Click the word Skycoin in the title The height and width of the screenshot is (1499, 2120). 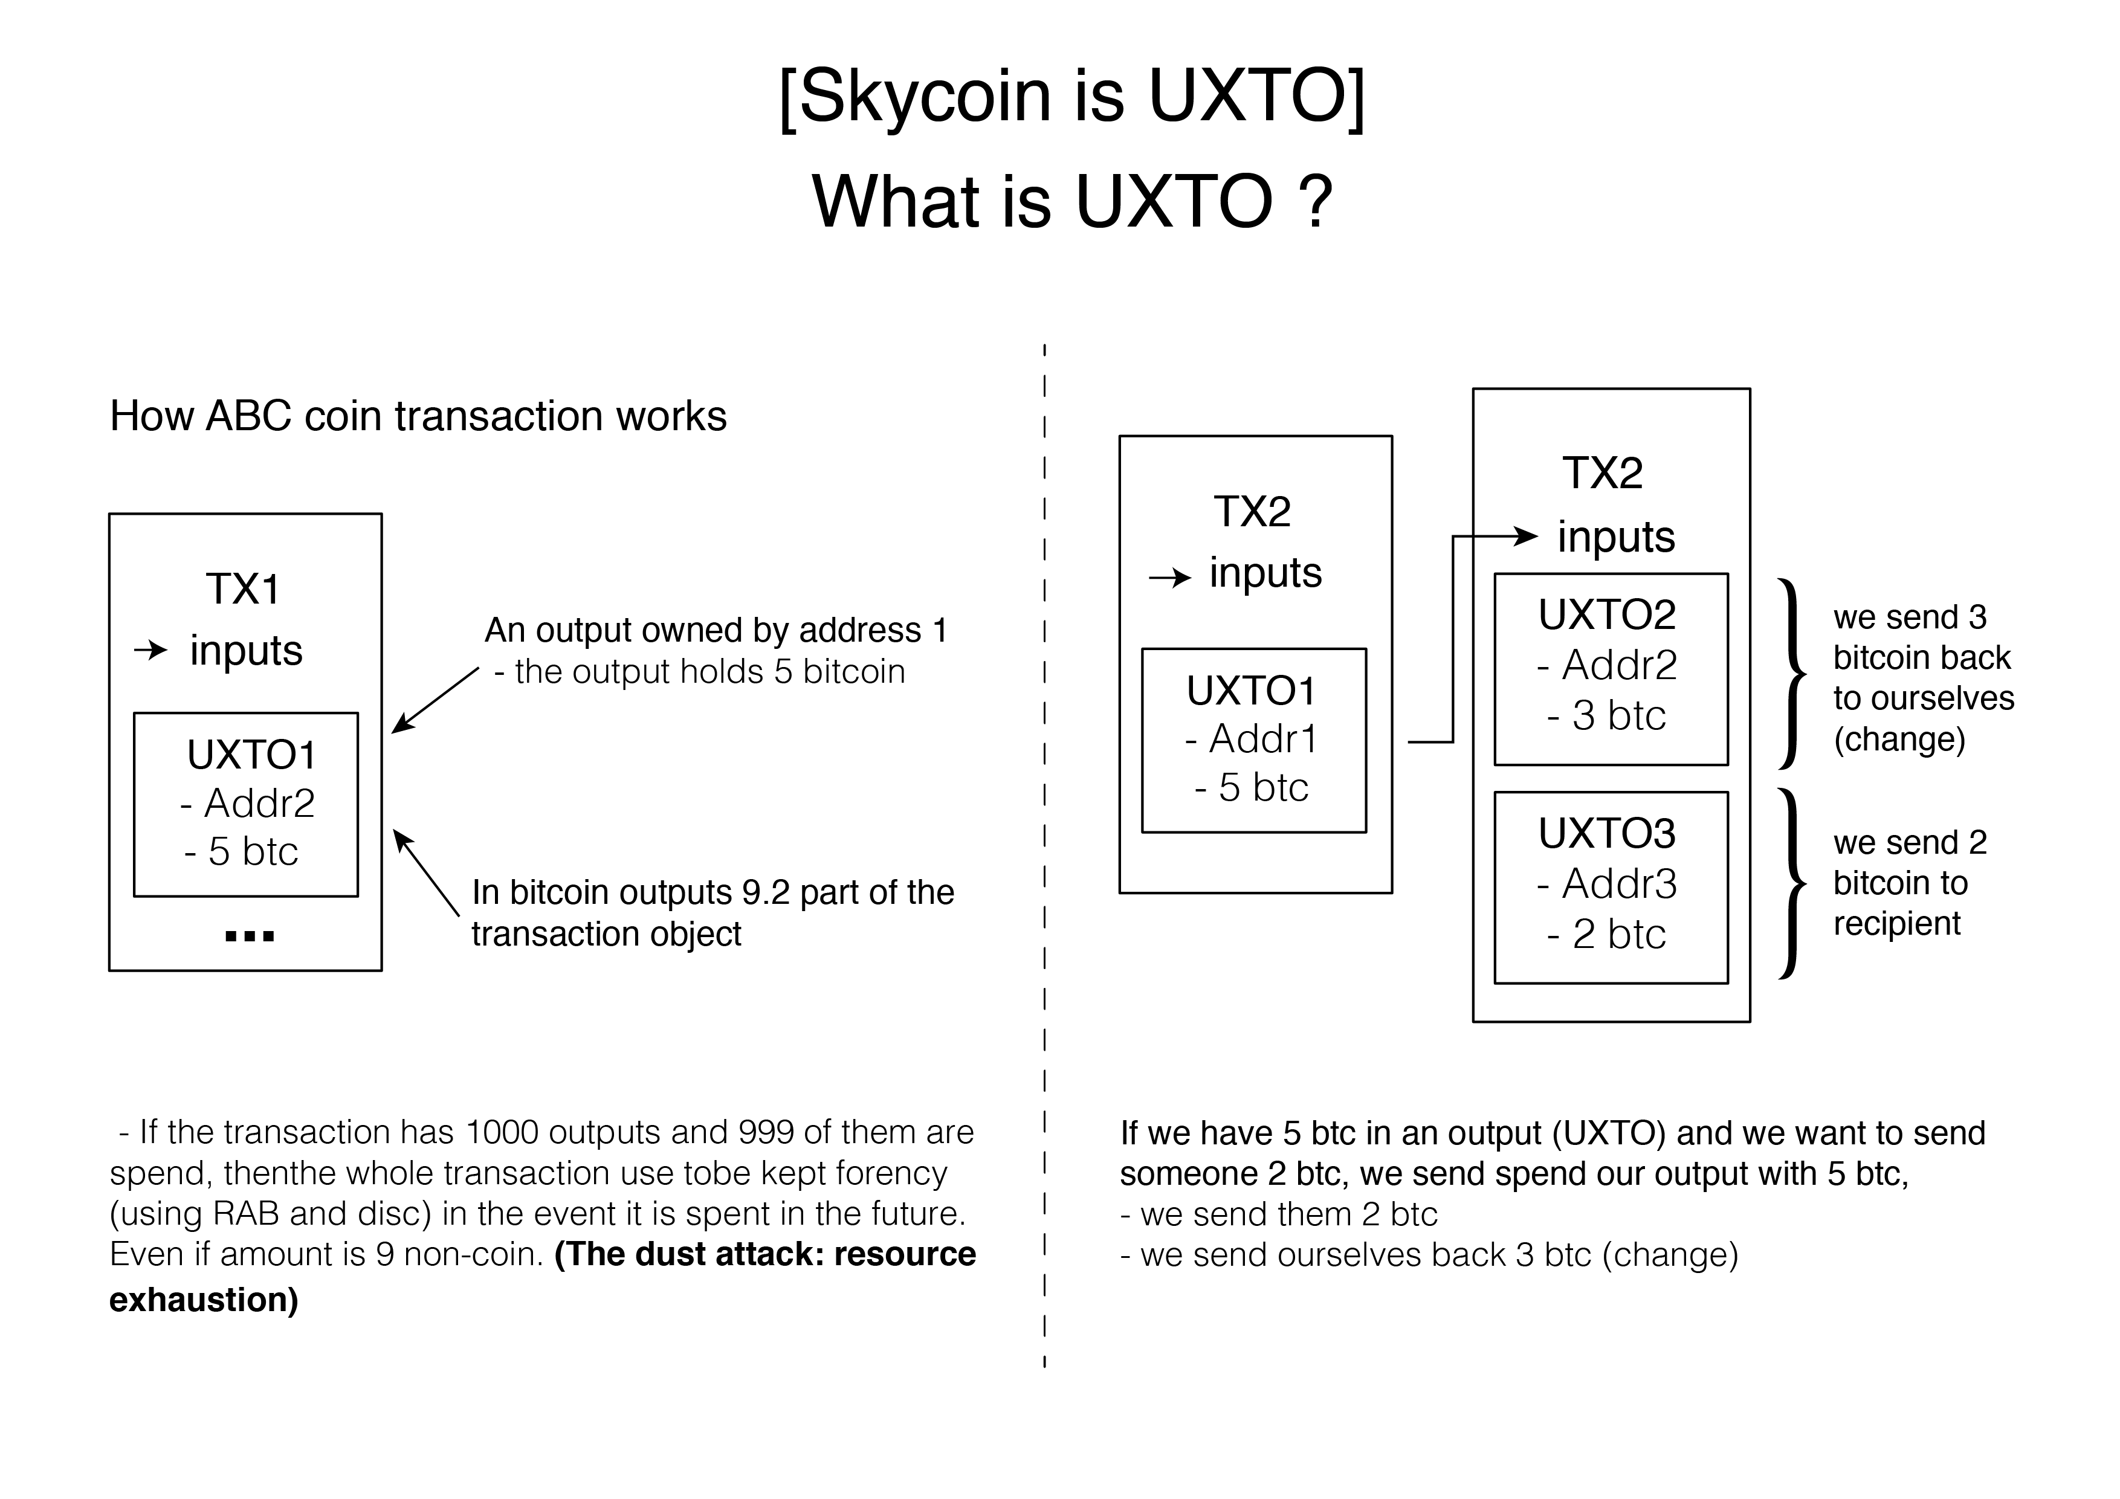coord(924,96)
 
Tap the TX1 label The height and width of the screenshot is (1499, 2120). coord(243,589)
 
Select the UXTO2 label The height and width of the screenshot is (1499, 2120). coord(1607,614)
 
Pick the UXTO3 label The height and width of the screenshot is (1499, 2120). coord(1607,834)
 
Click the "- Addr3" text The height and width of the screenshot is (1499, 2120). coord(1607,885)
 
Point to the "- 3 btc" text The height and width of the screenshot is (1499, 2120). coord(1607,715)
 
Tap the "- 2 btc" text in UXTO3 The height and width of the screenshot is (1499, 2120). coord(1607,934)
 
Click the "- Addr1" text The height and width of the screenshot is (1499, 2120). coord(1251,738)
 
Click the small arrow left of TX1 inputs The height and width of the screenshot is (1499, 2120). coord(150,651)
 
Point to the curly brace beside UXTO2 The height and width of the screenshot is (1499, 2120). coord(1791,674)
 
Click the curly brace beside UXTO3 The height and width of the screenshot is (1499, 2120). coord(1791,883)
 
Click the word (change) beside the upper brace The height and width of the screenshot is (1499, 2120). coord(1899,740)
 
